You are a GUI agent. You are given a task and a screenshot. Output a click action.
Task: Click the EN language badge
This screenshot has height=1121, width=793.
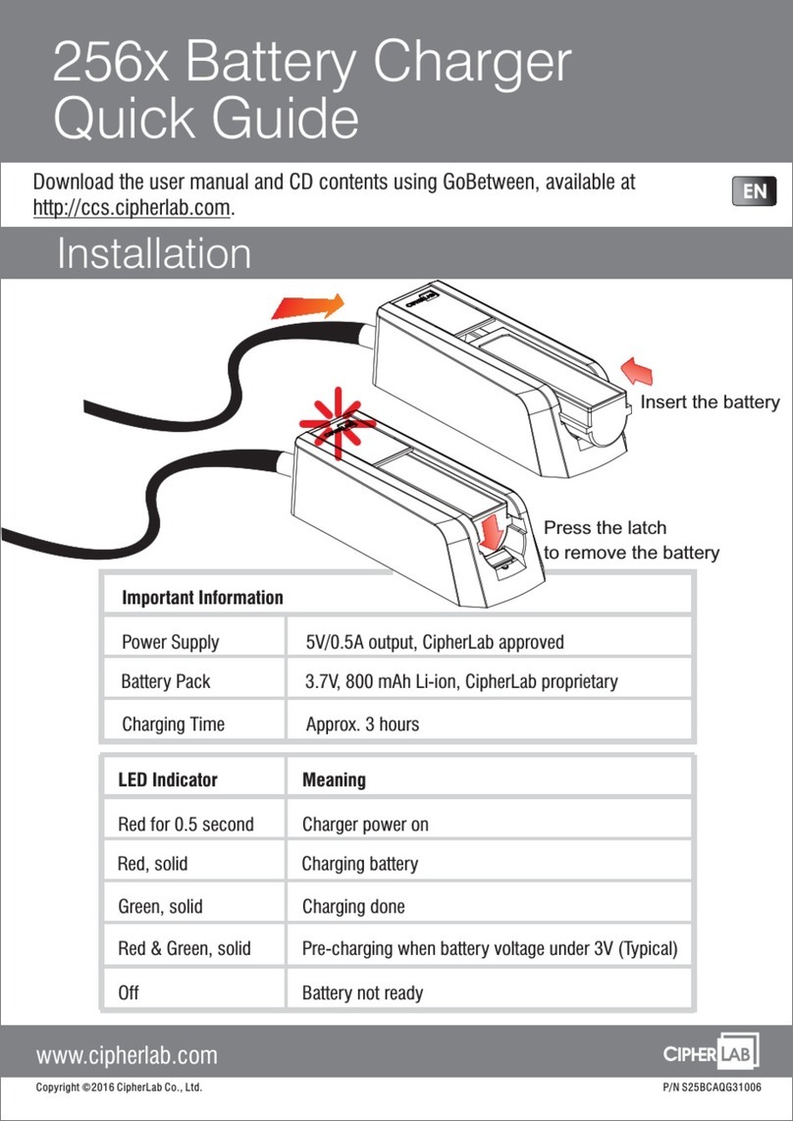point(754,192)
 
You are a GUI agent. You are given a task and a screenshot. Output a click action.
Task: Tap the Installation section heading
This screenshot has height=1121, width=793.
point(153,254)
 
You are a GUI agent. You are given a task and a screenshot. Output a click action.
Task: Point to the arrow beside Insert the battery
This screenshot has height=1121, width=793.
point(635,373)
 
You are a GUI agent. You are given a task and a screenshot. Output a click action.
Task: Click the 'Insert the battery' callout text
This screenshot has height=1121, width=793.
point(710,402)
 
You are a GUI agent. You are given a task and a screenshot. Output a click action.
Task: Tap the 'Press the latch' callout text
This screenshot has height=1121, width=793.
point(605,528)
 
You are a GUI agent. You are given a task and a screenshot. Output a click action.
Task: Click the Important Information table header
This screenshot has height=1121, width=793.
point(202,598)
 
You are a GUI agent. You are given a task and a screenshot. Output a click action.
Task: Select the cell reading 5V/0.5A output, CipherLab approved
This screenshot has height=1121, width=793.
point(435,643)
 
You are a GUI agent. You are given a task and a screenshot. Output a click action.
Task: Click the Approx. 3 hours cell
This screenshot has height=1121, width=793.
point(362,724)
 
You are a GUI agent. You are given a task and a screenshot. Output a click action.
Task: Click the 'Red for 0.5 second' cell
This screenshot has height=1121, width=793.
point(185,825)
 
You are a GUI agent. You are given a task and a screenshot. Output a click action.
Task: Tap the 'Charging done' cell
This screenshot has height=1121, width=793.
point(353,907)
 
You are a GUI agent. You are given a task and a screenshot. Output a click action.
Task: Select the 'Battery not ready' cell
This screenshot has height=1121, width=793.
point(363,993)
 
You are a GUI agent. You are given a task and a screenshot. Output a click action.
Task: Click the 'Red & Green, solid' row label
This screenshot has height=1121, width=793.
point(185,948)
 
